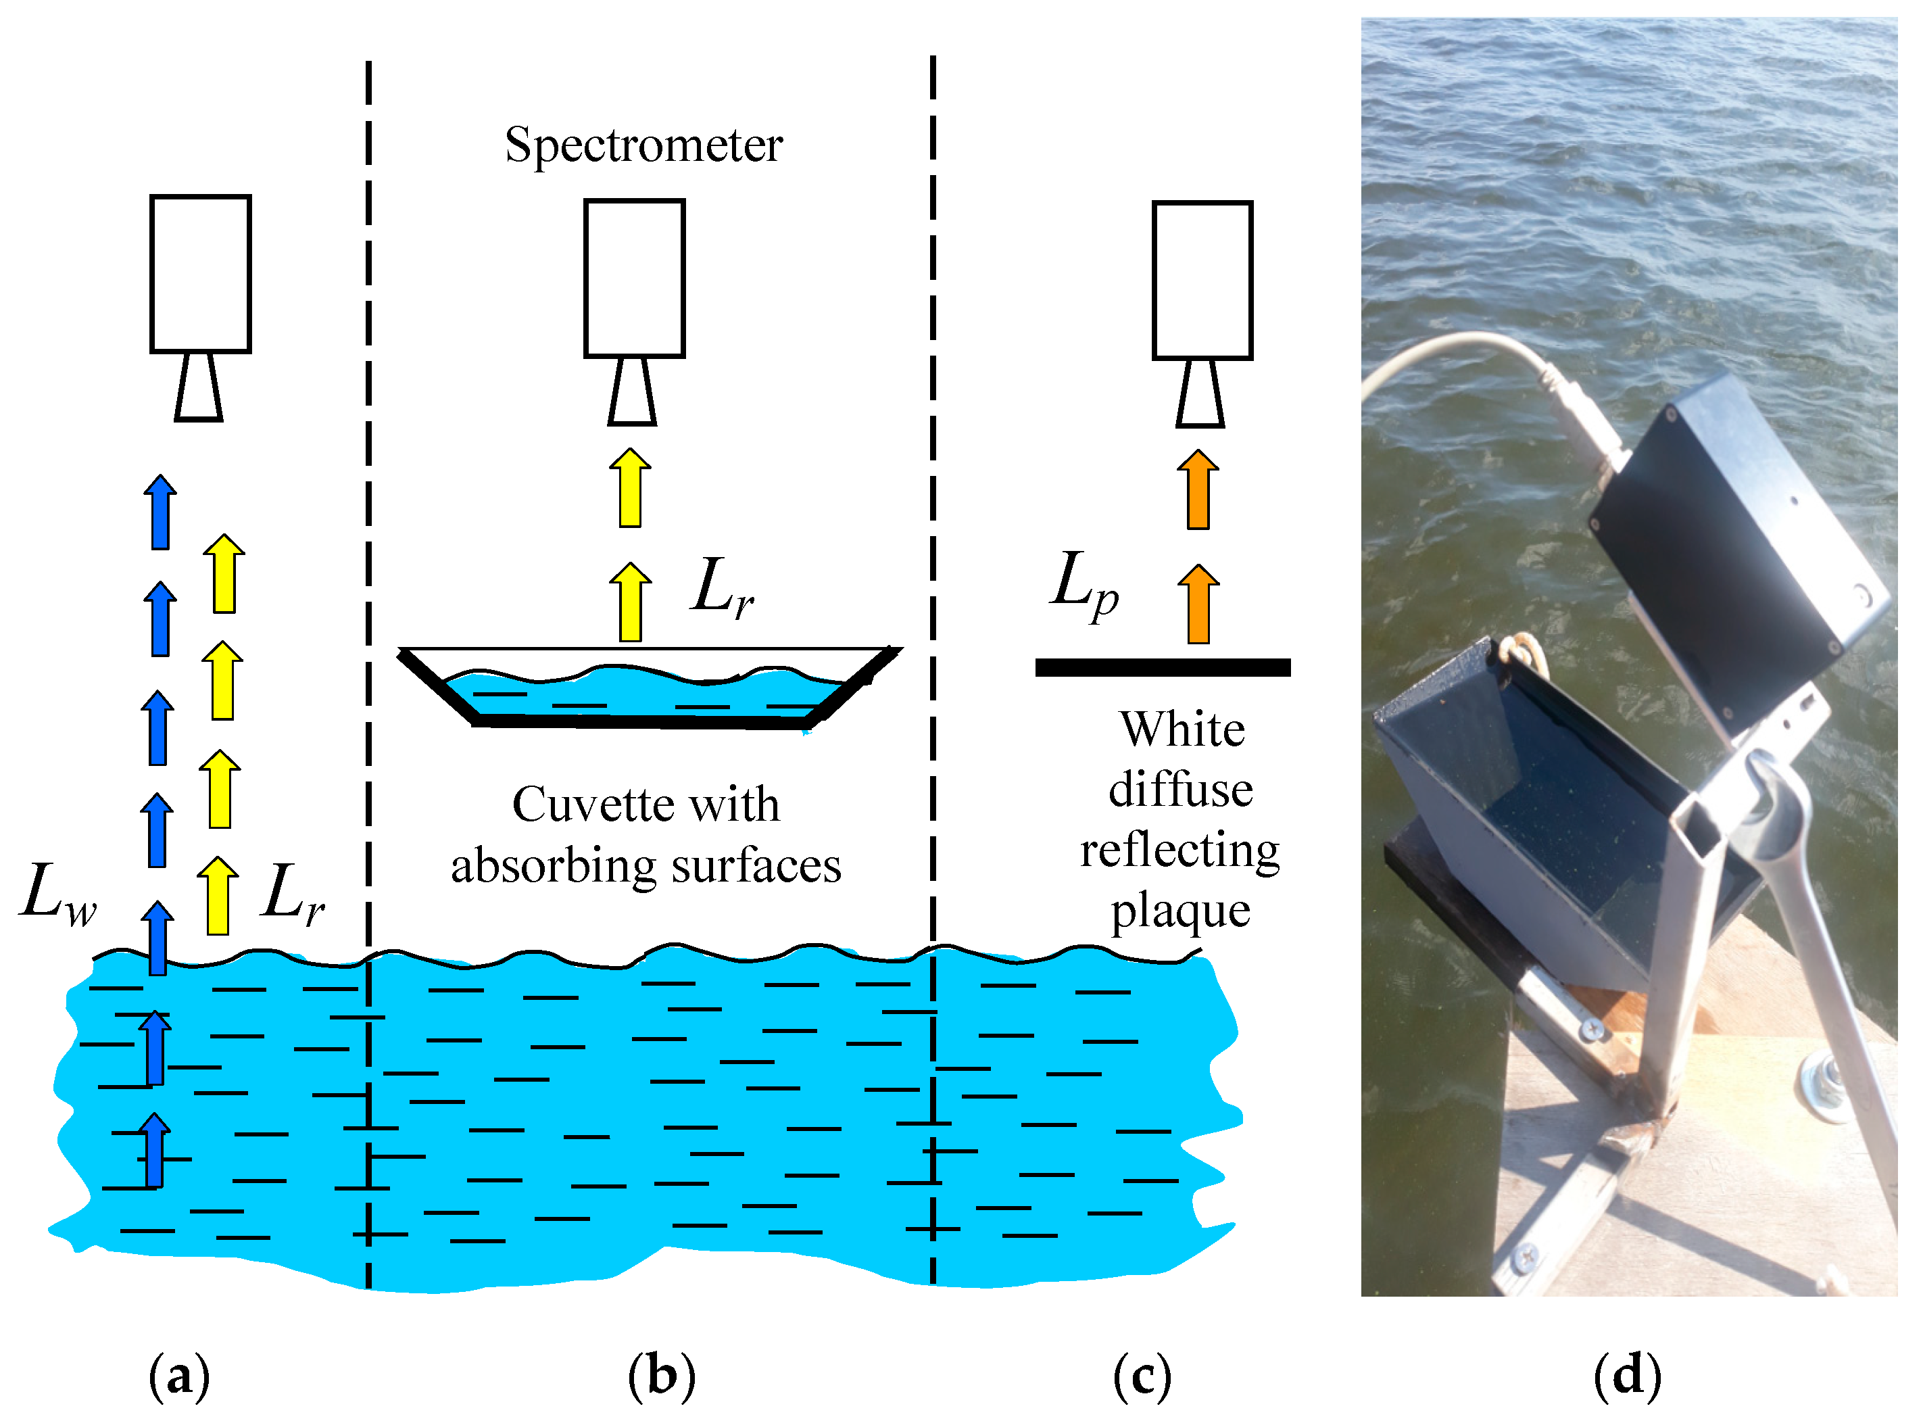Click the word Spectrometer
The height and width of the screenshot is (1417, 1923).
(x=643, y=145)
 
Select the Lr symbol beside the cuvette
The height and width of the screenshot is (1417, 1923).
(x=722, y=588)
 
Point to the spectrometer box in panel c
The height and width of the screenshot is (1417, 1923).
(x=1201, y=280)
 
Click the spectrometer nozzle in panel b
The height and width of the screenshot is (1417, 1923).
(x=633, y=392)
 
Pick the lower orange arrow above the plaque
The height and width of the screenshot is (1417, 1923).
(x=1198, y=604)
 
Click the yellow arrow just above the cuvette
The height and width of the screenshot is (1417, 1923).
(x=630, y=602)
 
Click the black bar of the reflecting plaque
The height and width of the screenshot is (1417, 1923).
(x=1162, y=667)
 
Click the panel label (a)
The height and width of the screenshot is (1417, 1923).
(x=179, y=1376)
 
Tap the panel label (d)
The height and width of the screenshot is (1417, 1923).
(x=1626, y=1376)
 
